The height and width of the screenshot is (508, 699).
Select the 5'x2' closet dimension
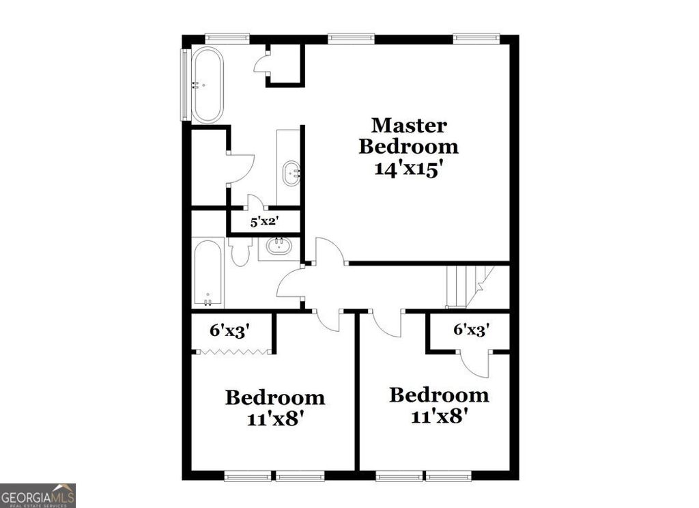tap(263, 221)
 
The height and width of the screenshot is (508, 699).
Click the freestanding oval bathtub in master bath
tap(206, 85)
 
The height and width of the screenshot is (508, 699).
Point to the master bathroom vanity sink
tap(291, 173)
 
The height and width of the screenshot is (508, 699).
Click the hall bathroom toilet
tap(240, 253)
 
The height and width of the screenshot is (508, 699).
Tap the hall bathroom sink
tap(279, 246)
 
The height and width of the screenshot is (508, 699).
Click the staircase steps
tap(468, 287)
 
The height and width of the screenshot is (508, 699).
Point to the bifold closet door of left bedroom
tap(233, 351)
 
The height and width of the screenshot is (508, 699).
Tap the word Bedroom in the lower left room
tap(275, 397)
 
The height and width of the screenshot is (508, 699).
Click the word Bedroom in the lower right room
tap(439, 395)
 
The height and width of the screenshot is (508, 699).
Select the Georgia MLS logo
tap(38, 495)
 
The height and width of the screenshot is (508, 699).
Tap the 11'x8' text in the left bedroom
tap(275, 418)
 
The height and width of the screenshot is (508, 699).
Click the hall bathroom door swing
tap(289, 283)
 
